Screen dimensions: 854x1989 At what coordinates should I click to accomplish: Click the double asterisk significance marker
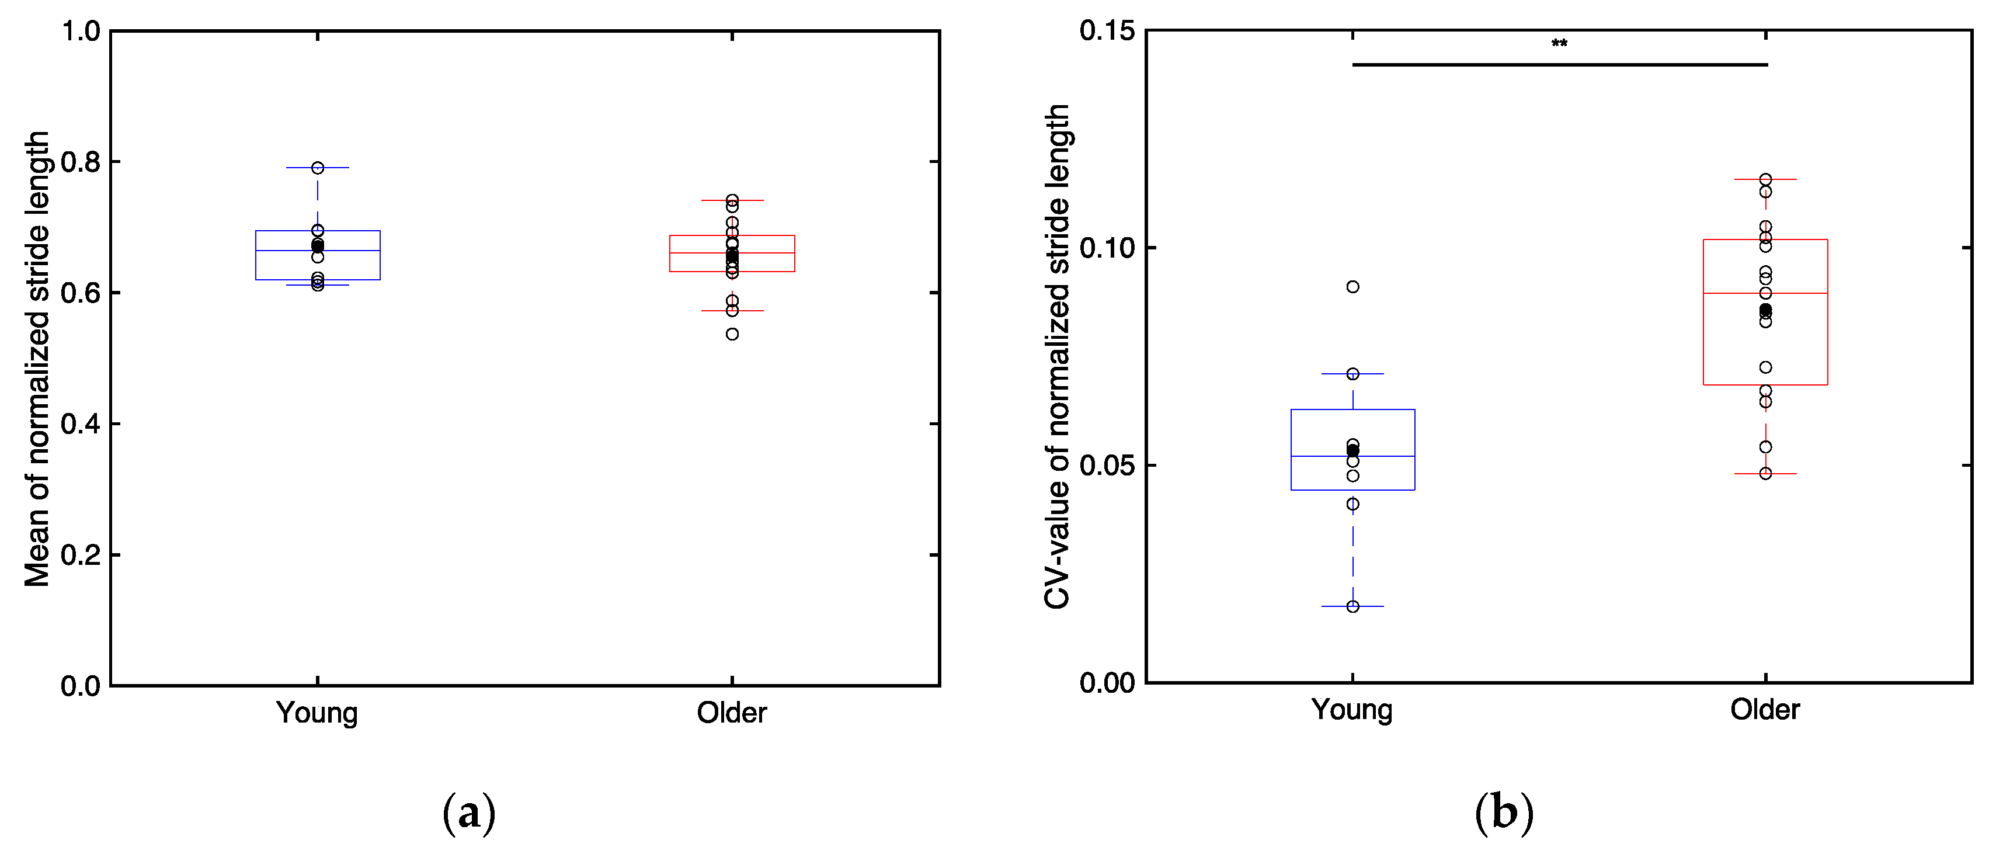pyautogui.click(x=1559, y=43)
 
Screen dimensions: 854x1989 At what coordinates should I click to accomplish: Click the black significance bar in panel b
pyautogui.click(x=1559, y=65)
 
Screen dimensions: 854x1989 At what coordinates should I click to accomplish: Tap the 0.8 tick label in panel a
pyautogui.click(x=81, y=162)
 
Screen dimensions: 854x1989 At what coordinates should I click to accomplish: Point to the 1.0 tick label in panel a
pyautogui.click(x=81, y=32)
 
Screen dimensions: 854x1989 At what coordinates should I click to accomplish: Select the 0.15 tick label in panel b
pyautogui.click(x=1107, y=31)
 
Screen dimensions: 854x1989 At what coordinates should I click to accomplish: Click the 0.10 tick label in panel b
pyautogui.click(x=1107, y=248)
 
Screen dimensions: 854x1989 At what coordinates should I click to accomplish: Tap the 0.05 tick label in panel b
pyautogui.click(x=1107, y=466)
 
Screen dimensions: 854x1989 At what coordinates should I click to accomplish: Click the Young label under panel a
pyautogui.click(x=317, y=713)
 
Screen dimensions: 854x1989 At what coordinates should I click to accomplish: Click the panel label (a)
pyautogui.click(x=469, y=813)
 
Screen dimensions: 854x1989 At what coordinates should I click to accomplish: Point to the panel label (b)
pyautogui.click(x=1503, y=813)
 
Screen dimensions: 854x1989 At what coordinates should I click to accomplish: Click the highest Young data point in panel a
pyautogui.click(x=317, y=168)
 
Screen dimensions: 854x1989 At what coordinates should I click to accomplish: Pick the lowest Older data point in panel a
pyautogui.click(x=732, y=334)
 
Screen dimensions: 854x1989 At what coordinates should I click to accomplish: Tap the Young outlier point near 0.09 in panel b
pyautogui.click(x=1353, y=286)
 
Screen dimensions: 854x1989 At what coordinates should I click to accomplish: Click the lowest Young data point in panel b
pyautogui.click(x=1353, y=607)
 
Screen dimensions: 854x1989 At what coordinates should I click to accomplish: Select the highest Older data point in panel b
pyautogui.click(x=1765, y=179)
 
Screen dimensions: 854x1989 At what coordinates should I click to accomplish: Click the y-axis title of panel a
pyautogui.click(x=36, y=359)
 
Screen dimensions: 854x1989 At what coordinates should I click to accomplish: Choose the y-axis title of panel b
pyautogui.click(x=1056, y=357)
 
